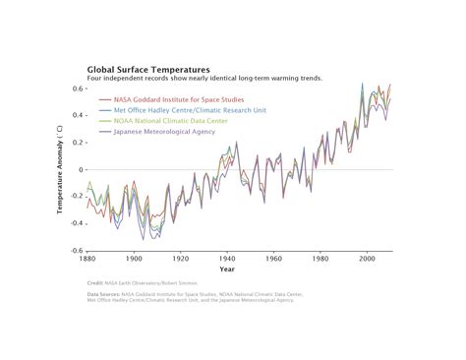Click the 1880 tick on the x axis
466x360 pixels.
tap(87, 259)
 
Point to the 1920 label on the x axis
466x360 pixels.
tap(181, 259)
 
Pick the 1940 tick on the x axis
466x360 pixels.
tap(227, 259)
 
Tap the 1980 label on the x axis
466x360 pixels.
tap(320, 259)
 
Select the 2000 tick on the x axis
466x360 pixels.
tap(367, 259)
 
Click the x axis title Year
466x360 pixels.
tap(227, 270)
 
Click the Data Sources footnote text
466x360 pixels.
tap(192, 296)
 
